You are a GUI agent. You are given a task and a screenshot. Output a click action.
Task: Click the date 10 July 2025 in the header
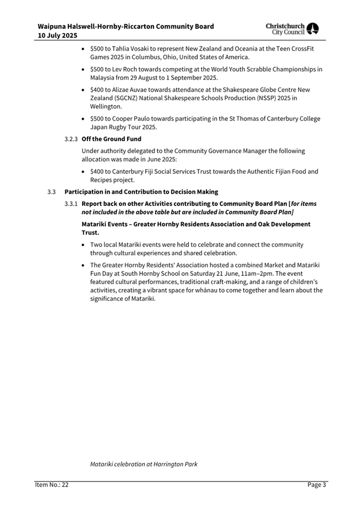57,36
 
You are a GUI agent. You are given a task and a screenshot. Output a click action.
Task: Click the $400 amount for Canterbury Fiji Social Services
97,172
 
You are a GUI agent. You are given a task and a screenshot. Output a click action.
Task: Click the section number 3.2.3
71,139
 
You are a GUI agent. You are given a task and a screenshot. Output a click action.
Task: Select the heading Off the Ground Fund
111,139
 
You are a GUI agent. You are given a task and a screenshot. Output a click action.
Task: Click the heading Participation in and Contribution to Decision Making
141,192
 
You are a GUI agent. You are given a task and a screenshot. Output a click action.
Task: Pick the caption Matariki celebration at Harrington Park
143,464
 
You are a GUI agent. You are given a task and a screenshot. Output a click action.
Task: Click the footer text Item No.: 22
52,485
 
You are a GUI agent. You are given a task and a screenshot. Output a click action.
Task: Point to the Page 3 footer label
316,485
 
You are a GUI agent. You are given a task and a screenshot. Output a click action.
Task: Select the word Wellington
106,107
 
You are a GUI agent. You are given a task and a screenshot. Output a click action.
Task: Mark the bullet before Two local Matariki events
84,245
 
